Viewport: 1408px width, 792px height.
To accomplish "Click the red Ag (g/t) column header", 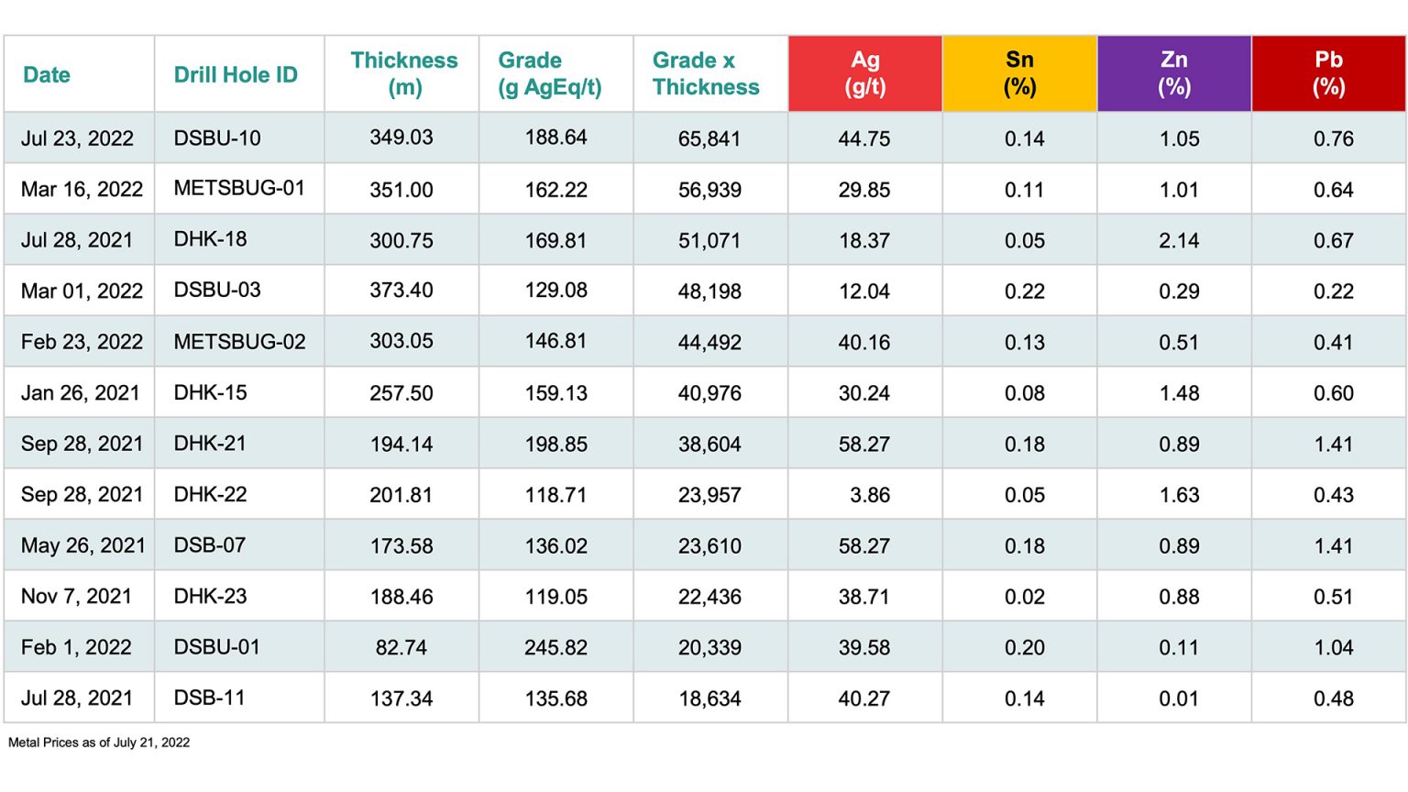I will pos(864,73).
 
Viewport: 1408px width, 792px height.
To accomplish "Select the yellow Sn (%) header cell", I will pos(1019,73).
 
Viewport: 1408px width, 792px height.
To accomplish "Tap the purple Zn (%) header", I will pos(1174,73).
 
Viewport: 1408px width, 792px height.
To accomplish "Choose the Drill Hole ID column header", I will pos(236,74).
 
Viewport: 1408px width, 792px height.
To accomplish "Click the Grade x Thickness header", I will pos(706,73).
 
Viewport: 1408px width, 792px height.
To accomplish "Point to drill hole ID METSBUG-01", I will pos(239,188).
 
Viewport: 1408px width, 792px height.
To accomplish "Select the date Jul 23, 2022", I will pos(77,138).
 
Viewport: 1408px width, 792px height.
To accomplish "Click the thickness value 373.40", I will pos(401,291).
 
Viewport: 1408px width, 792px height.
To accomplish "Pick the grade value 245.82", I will pos(555,647).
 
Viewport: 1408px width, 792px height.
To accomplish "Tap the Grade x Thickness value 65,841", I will pos(709,138).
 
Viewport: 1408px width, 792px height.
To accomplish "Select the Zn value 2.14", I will pos(1179,240).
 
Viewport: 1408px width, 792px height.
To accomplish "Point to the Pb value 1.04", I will pos(1333,647).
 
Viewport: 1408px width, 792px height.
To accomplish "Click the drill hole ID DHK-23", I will pos(211,596).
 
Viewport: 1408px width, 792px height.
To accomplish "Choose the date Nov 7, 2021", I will pos(76,596).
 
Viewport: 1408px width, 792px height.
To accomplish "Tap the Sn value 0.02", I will pos(1024,597).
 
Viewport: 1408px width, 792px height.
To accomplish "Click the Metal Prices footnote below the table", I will pos(99,742).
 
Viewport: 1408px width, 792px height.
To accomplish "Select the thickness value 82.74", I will pos(401,647).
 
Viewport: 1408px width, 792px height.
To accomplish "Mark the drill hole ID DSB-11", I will pos(210,698).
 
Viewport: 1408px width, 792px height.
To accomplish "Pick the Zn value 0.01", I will pos(1179,698).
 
